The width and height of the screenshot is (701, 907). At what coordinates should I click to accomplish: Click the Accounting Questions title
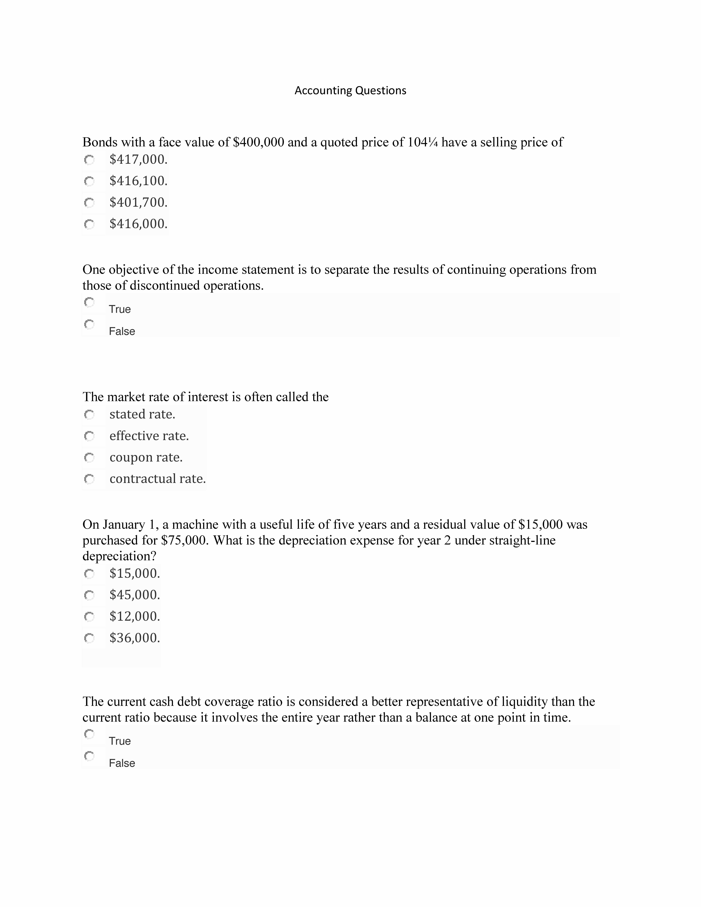pos(350,91)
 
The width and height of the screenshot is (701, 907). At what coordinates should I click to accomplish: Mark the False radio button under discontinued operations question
pos(89,324)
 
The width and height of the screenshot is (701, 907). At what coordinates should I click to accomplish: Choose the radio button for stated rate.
pos(89,414)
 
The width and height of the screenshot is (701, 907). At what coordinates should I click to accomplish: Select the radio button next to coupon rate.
pos(89,458)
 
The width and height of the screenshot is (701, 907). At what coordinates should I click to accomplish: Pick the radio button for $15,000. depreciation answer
pos(89,574)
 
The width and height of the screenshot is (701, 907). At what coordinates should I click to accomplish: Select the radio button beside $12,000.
pos(89,617)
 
